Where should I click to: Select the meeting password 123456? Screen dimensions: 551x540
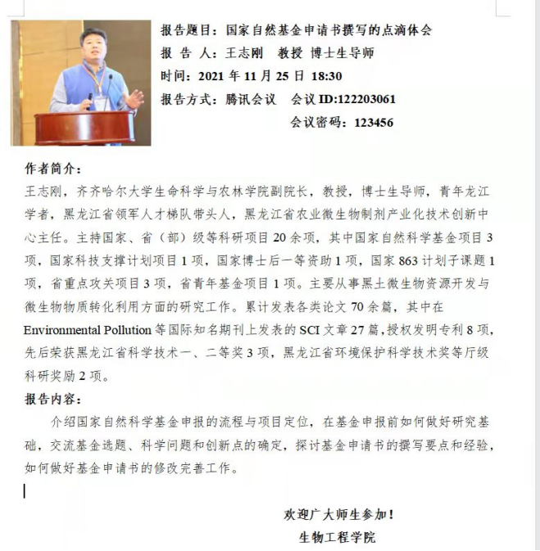(x=374, y=123)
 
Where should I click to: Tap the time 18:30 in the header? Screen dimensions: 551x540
(x=325, y=76)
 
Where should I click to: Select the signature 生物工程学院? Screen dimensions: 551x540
(x=338, y=538)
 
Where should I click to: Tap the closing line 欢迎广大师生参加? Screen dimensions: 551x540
(x=338, y=515)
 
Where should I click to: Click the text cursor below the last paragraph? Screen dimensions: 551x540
(x=25, y=491)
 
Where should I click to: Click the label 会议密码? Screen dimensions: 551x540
(x=317, y=123)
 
